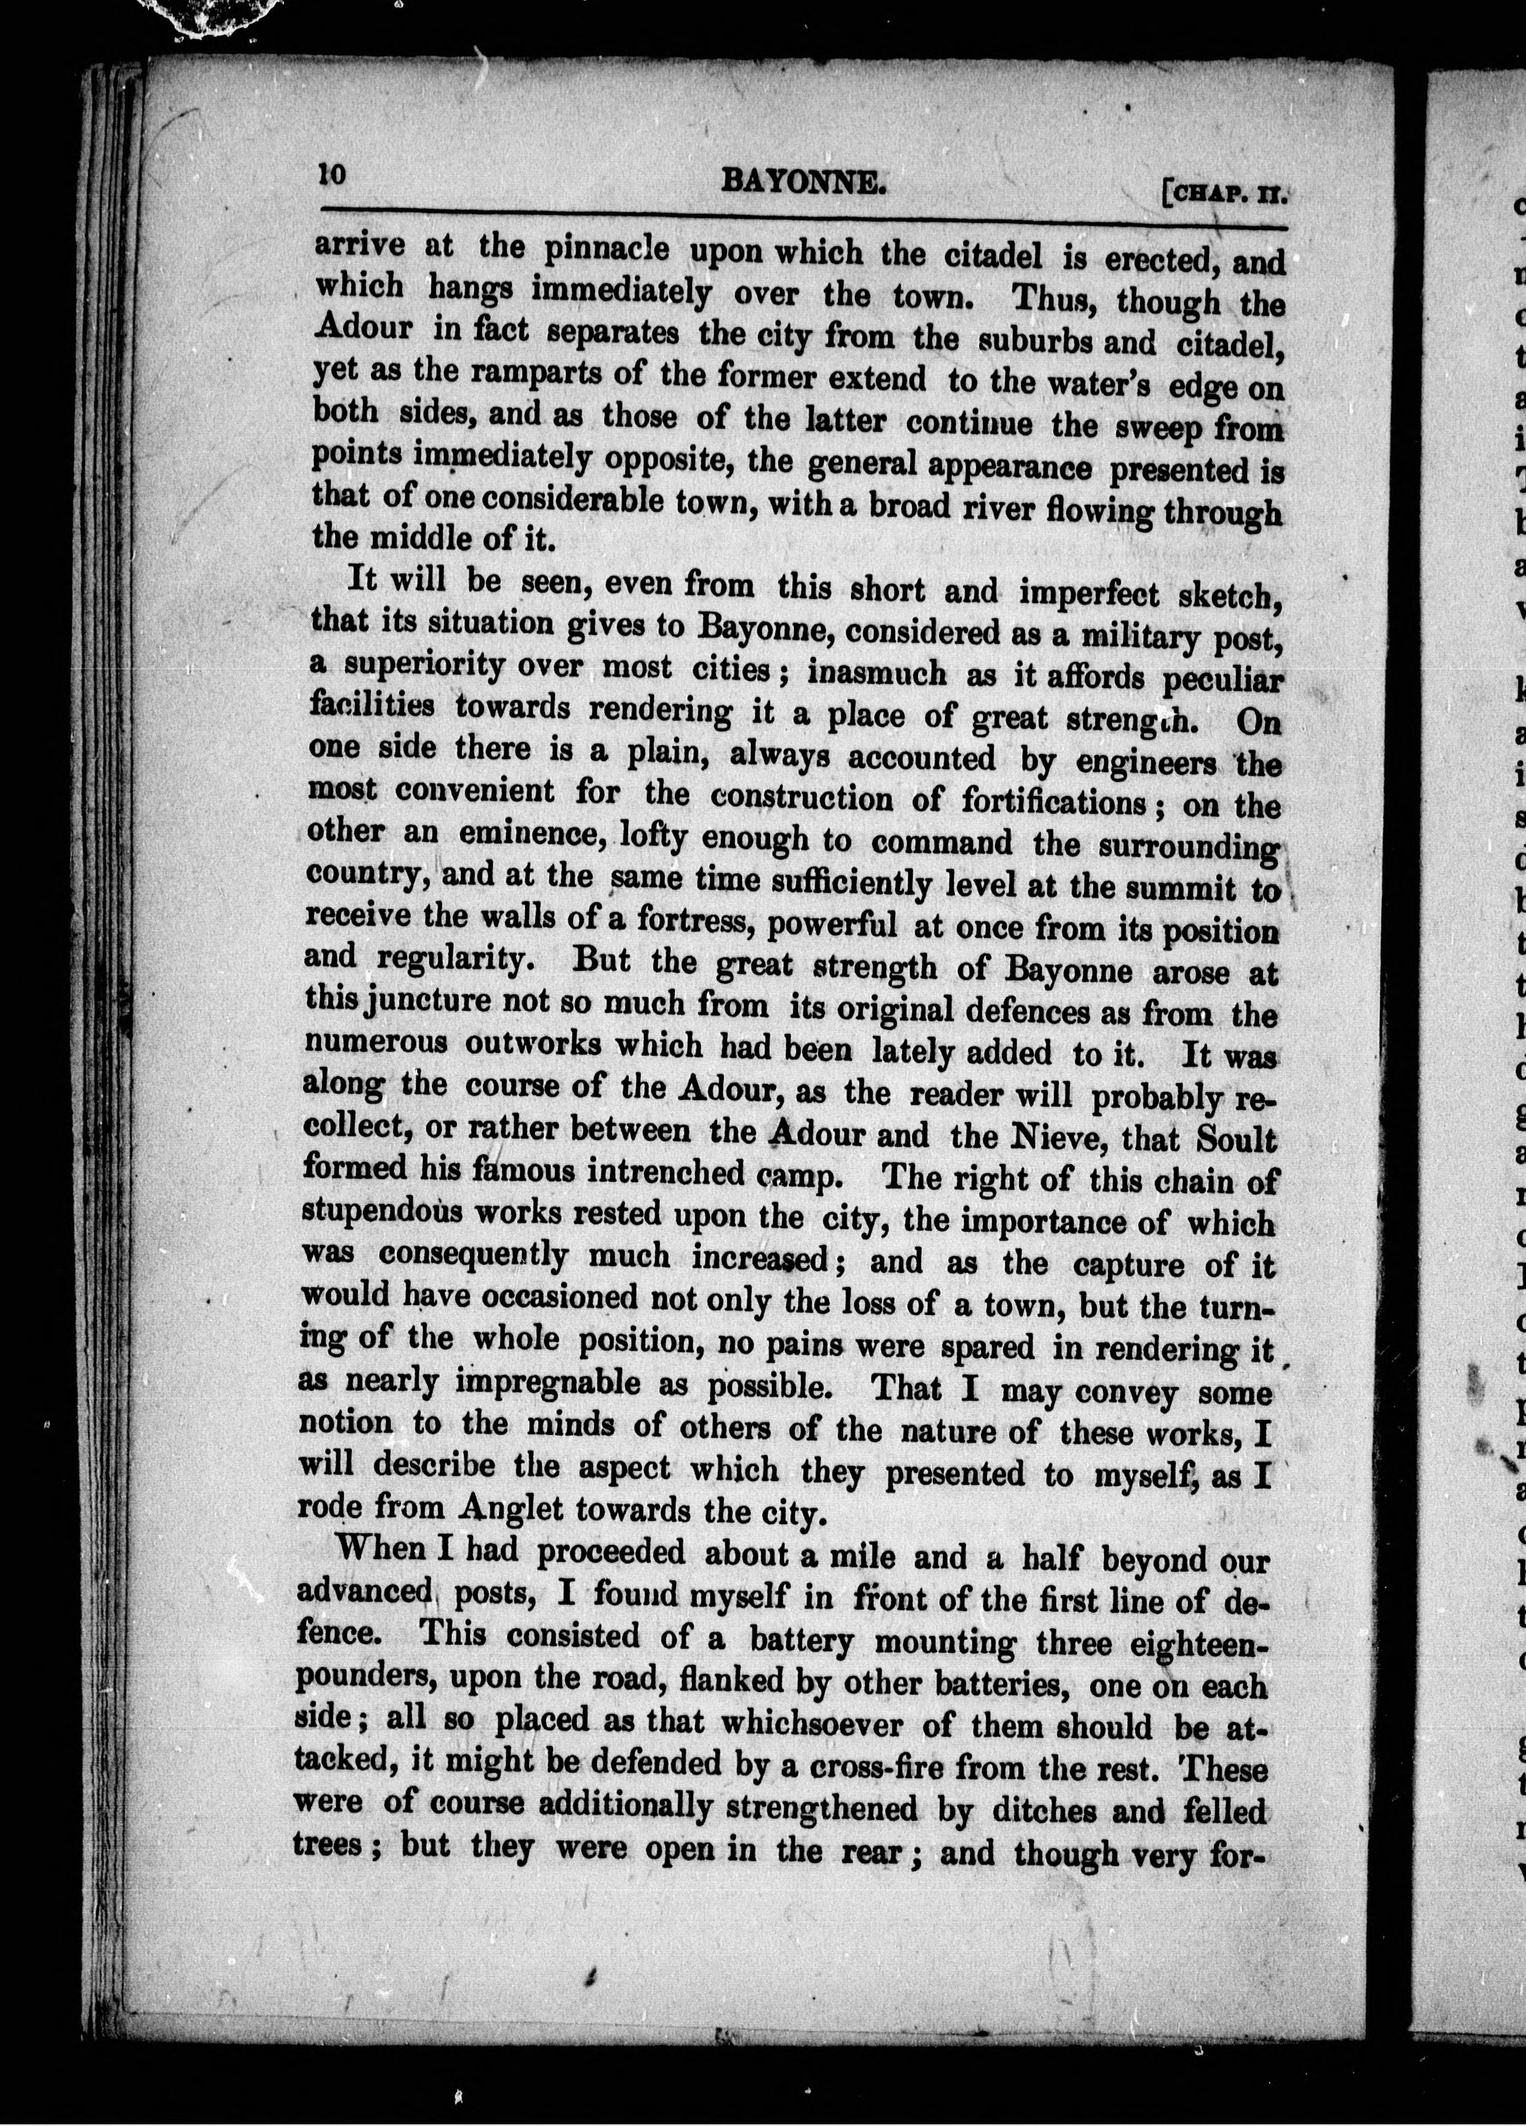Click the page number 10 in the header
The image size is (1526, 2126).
coord(333,174)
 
